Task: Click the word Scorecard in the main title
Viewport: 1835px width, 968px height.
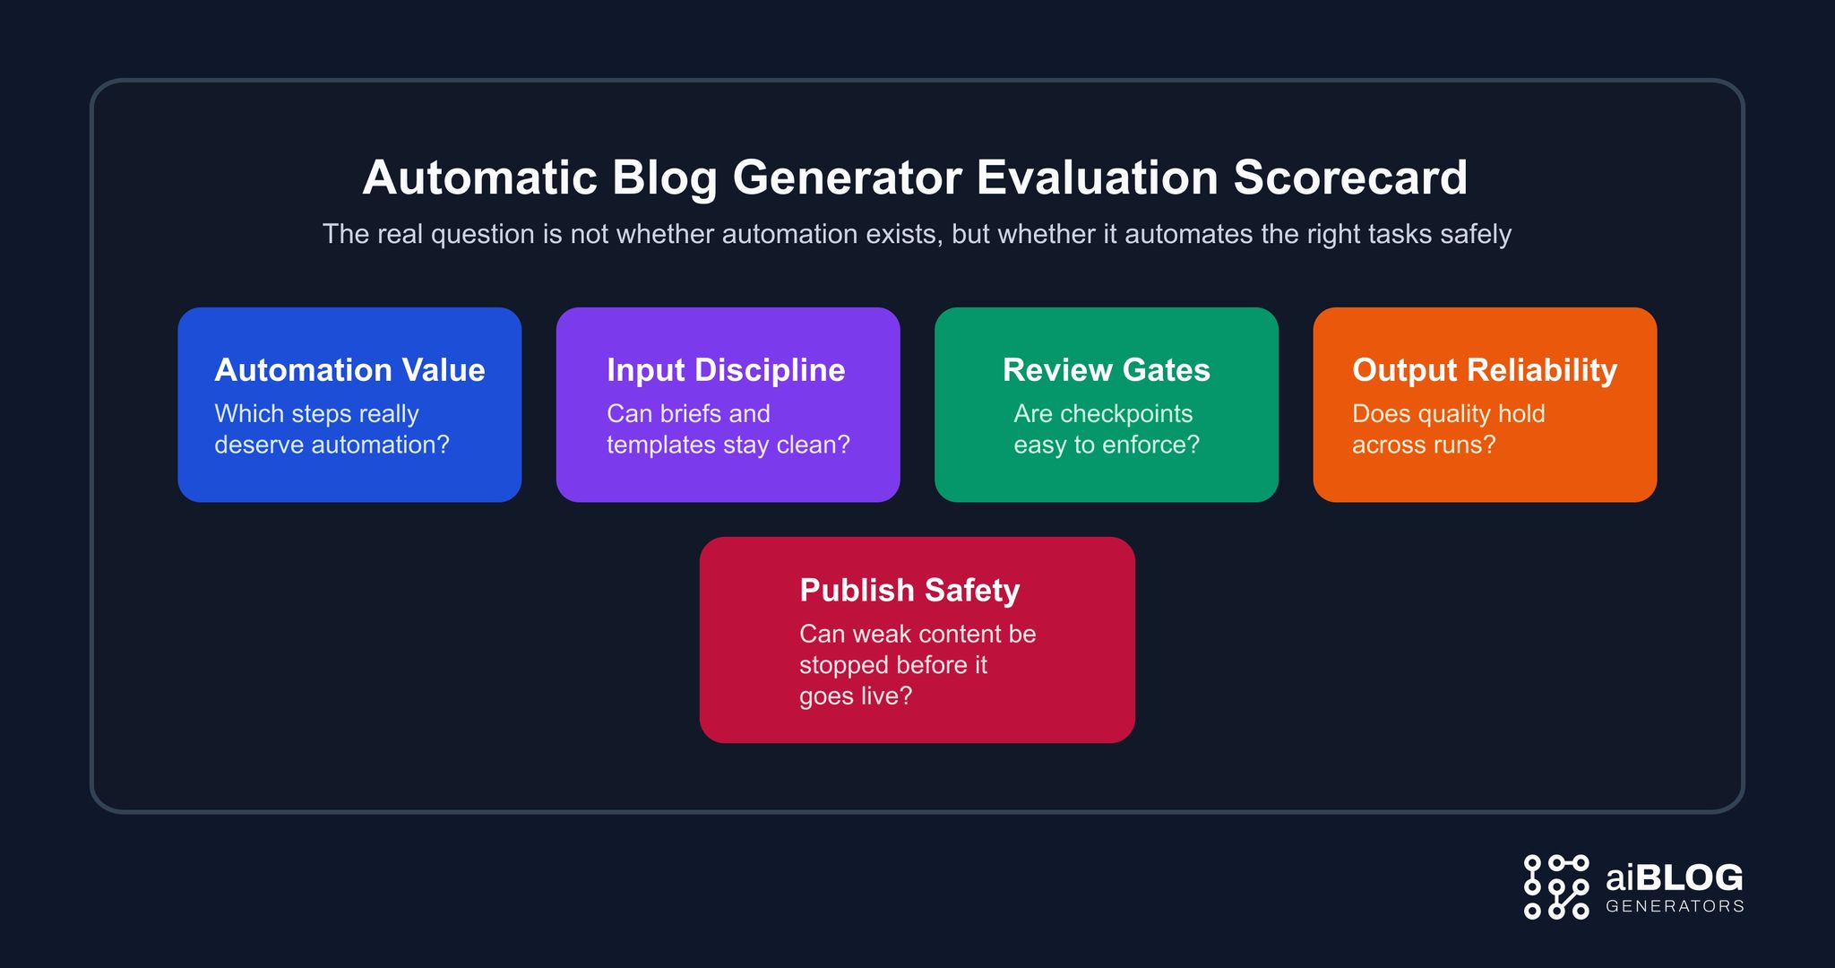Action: coord(1350,177)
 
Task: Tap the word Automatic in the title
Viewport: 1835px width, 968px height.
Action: coord(479,177)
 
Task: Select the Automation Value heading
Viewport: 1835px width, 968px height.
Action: coord(349,370)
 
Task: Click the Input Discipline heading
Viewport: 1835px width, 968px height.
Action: coord(726,370)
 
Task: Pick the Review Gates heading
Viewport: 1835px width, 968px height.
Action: coord(1106,370)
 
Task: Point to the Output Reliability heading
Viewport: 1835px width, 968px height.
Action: coord(1484,370)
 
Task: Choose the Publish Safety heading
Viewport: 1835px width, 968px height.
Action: coord(909,591)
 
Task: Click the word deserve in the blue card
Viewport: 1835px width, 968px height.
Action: coord(259,445)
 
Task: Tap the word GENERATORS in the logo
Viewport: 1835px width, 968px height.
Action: coord(1674,906)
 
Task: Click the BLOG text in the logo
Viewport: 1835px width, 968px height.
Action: coord(1689,877)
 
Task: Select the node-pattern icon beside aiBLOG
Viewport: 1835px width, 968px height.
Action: coord(1556,886)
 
